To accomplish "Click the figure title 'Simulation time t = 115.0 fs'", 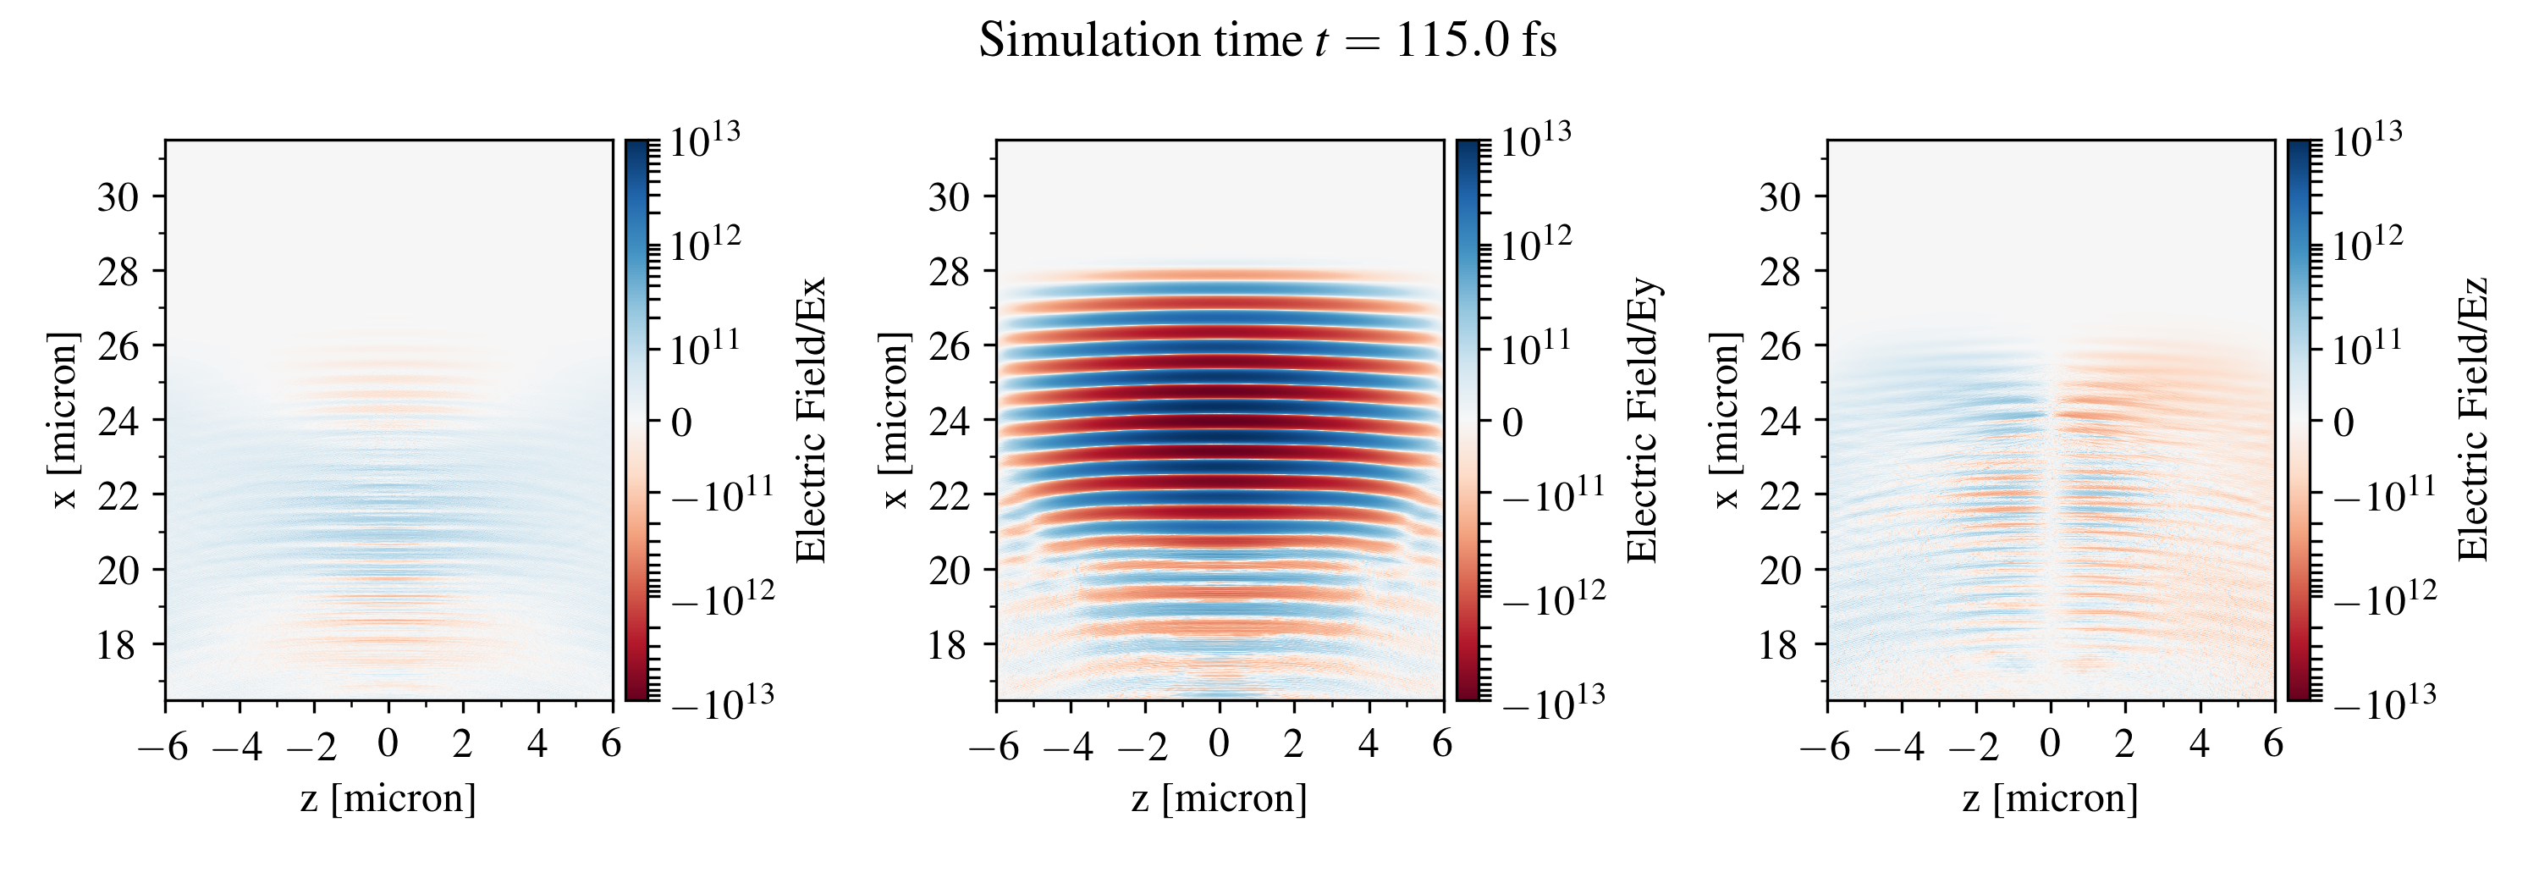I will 1268,41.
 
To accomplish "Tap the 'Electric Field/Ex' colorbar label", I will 810,420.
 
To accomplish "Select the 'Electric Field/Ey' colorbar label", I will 1642,420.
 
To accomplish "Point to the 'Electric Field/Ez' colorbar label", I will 2473,420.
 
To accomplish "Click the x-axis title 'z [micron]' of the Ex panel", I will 388,798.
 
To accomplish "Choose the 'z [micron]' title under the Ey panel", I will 1220,798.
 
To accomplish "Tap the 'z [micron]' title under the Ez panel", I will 2050,798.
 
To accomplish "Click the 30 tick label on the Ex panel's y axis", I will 118,197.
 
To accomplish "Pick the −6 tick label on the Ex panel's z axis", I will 162,746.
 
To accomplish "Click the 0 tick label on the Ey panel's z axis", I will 1220,744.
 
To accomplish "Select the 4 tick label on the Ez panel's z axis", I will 2199,744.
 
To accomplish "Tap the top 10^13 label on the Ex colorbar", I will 705,141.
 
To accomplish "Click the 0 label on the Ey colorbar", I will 1512,422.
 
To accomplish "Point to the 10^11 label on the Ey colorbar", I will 1535,347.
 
